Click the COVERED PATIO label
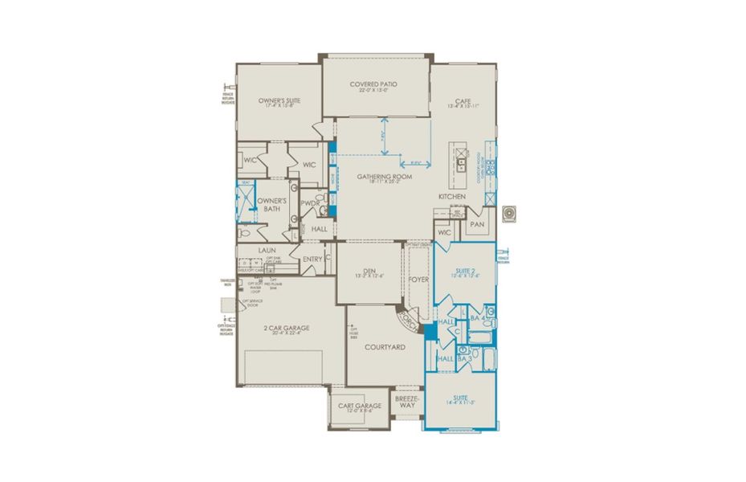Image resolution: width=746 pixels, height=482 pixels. click(373, 84)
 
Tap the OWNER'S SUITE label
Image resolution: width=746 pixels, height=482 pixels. click(279, 101)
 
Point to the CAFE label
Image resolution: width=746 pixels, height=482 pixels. click(463, 101)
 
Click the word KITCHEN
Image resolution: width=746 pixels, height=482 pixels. click(452, 197)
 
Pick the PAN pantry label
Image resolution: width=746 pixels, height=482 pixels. click(476, 224)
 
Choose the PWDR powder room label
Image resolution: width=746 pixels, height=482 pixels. click(310, 203)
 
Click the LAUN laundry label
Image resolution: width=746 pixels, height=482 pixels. click(267, 251)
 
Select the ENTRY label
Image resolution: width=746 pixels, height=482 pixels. click(312, 259)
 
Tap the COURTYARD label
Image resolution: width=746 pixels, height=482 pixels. click(385, 347)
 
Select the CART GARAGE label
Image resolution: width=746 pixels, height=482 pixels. click(358, 406)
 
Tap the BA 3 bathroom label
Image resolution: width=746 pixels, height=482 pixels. click(463, 358)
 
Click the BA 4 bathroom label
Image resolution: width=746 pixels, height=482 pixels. click(476, 319)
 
